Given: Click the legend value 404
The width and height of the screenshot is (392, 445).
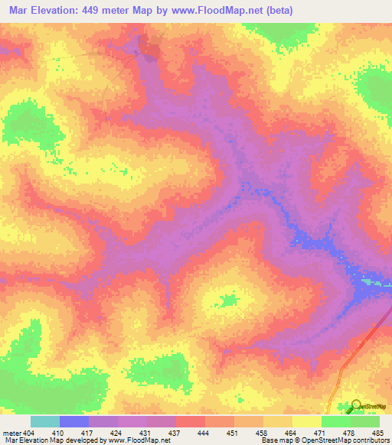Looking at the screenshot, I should [x=29, y=433].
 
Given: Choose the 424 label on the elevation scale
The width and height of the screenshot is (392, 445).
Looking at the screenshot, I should [x=117, y=433].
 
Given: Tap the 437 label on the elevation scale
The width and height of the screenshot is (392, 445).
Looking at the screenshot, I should [x=175, y=433].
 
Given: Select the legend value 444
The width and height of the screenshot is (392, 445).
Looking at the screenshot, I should [x=204, y=433].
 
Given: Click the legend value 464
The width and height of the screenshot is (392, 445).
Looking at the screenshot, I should [x=292, y=433].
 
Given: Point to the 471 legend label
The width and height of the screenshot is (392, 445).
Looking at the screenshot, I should [x=321, y=433].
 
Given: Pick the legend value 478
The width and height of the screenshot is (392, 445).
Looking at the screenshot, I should [x=350, y=433].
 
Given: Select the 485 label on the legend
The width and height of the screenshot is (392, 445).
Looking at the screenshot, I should [x=377, y=433].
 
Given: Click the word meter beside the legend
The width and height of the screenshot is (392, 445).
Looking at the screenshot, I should [x=12, y=433].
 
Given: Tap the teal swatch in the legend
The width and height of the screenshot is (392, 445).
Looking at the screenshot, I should [x=44, y=421].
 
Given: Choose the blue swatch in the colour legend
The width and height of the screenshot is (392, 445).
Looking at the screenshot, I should [x=73, y=421].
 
